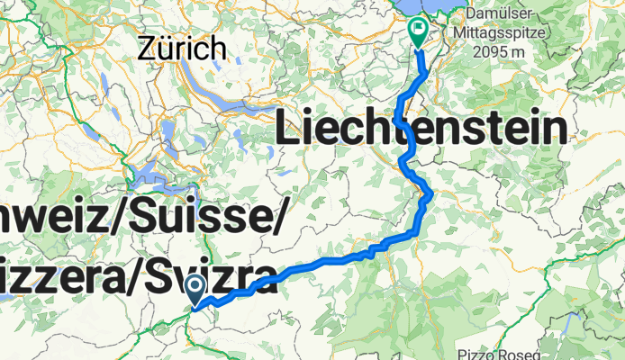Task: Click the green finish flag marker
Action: point(419,32)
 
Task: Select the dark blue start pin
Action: point(196,290)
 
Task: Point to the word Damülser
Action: point(500,14)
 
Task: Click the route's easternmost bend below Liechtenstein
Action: point(431,193)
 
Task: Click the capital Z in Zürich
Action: point(149,48)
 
